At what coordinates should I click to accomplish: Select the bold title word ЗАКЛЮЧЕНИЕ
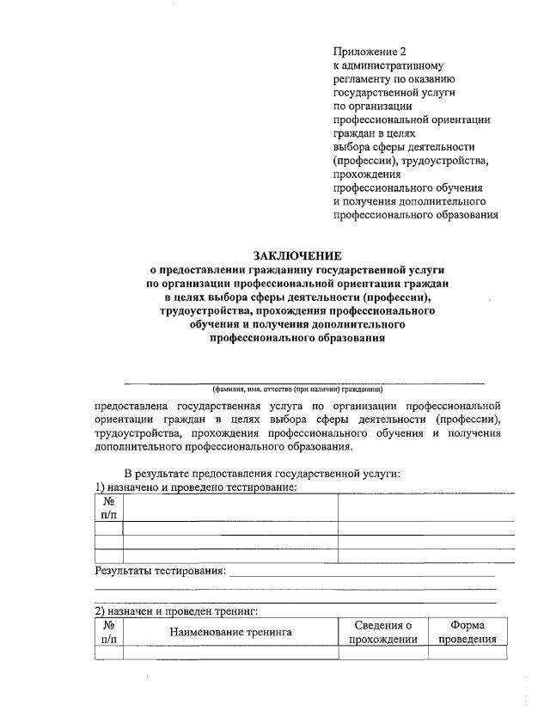[296, 255]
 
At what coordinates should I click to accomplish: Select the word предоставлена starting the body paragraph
[132, 405]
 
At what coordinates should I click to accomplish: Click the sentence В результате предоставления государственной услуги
[262, 473]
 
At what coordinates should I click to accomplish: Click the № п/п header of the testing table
[109, 506]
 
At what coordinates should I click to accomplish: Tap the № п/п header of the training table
[109, 632]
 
